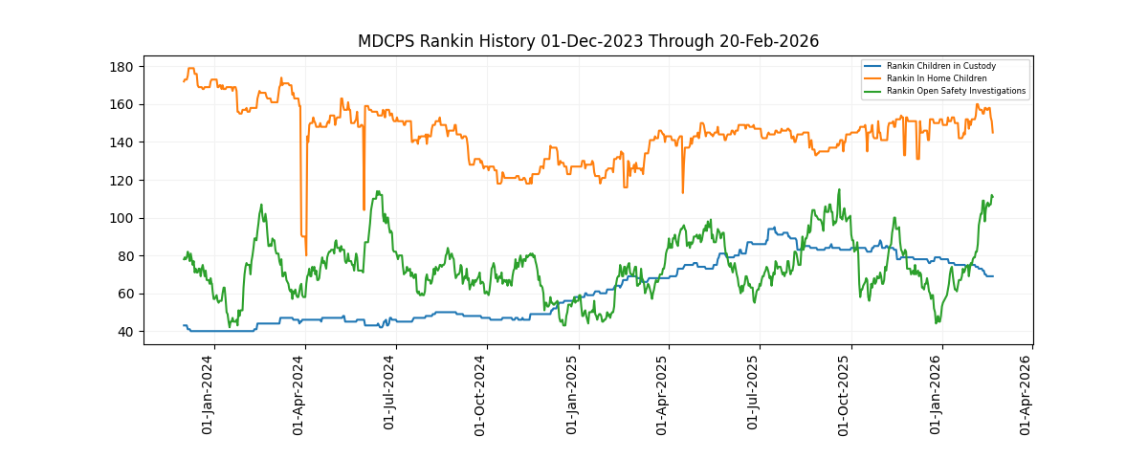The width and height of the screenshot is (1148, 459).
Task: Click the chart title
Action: coord(587,41)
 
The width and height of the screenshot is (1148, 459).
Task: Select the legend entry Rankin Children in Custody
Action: coord(940,66)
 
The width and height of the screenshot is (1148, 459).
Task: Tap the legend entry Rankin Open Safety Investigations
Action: coord(956,91)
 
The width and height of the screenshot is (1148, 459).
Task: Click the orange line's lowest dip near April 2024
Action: coord(306,254)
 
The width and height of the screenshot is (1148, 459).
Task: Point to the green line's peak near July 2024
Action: coord(378,191)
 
